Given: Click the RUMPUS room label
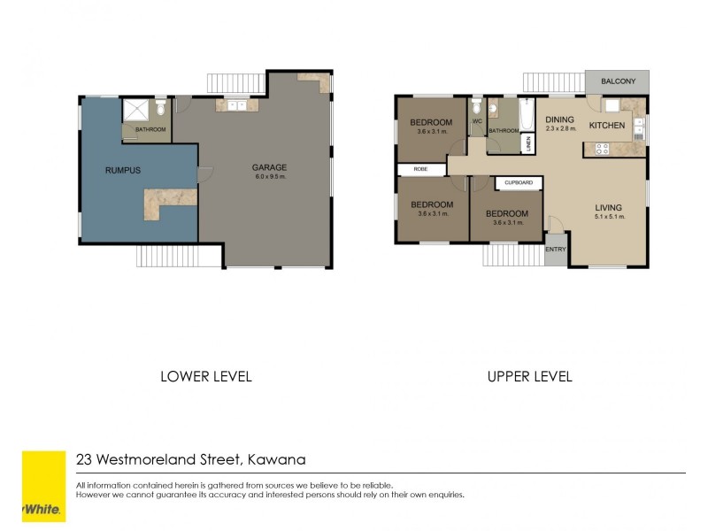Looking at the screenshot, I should tap(123, 170).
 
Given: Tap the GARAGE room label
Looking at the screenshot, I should tap(269, 167).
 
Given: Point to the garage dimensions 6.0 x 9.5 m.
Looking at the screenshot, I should tap(269, 177).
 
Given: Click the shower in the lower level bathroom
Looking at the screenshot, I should tap(136, 110).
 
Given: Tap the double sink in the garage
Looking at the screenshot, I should tap(236, 106).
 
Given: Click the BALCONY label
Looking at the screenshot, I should tap(617, 81).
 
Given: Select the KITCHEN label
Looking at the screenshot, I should tap(607, 126).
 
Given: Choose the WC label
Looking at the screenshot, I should tap(476, 121).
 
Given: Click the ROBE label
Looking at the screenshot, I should tap(419, 169).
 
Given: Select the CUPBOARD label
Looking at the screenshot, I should tap(519, 183).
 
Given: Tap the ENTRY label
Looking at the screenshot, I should tap(556, 250).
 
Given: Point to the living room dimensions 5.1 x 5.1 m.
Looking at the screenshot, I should tap(609, 217).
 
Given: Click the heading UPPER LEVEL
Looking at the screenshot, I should tap(529, 376).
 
